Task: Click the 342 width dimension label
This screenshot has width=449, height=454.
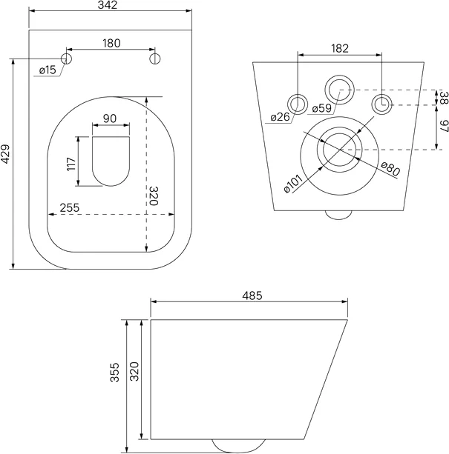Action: pyautogui.click(x=111, y=6)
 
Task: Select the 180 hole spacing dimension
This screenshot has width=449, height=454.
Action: pyautogui.click(x=111, y=43)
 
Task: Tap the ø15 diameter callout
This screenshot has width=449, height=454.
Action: pyautogui.click(x=47, y=70)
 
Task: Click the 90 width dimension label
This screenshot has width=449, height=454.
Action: pyautogui.click(x=111, y=118)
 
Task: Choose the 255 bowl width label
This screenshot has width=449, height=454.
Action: pyautogui.click(x=70, y=208)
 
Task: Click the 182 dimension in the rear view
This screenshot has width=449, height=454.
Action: pyautogui.click(x=338, y=48)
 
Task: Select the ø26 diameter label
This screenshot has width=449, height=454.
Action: pyautogui.click(x=280, y=117)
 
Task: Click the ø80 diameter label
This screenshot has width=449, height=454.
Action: pyautogui.click(x=391, y=170)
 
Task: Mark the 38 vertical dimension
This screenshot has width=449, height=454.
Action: pyautogui.click(x=443, y=98)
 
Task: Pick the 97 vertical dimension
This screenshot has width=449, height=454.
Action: pyautogui.click(x=443, y=127)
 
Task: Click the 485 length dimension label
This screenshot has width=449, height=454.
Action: pyautogui.click(x=251, y=296)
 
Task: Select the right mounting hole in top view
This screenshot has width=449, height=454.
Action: pyautogui.click(x=155, y=58)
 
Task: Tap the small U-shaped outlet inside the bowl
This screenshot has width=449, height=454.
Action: pyautogui.click(x=111, y=160)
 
